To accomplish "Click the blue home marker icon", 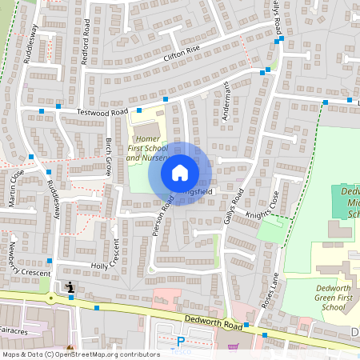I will [x=180, y=172].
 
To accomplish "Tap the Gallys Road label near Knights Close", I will [x=236, y=207].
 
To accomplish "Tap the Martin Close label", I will [x=16, y=188].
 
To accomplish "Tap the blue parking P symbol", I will [x=180, y=342].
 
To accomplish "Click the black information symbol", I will [x=70, y=286].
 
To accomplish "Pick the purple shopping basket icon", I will [x=233, y=347].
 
